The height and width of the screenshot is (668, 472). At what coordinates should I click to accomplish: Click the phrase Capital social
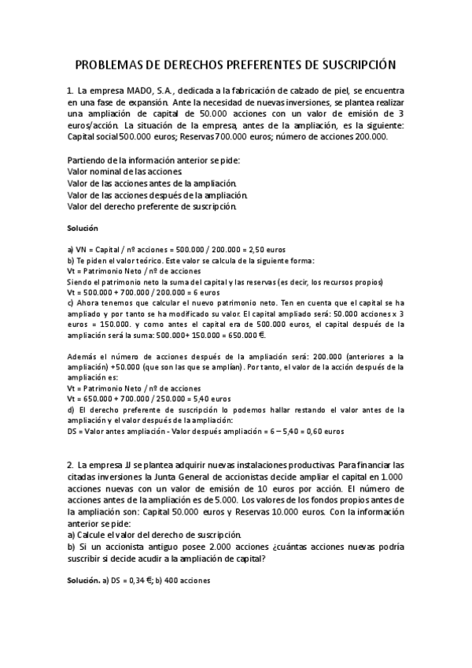[90, 135]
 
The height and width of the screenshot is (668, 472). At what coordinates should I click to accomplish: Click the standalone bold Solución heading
[83, 228]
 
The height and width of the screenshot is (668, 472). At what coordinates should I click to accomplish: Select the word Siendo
[79, 281]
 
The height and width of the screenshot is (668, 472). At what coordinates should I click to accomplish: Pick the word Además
[83, 355]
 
